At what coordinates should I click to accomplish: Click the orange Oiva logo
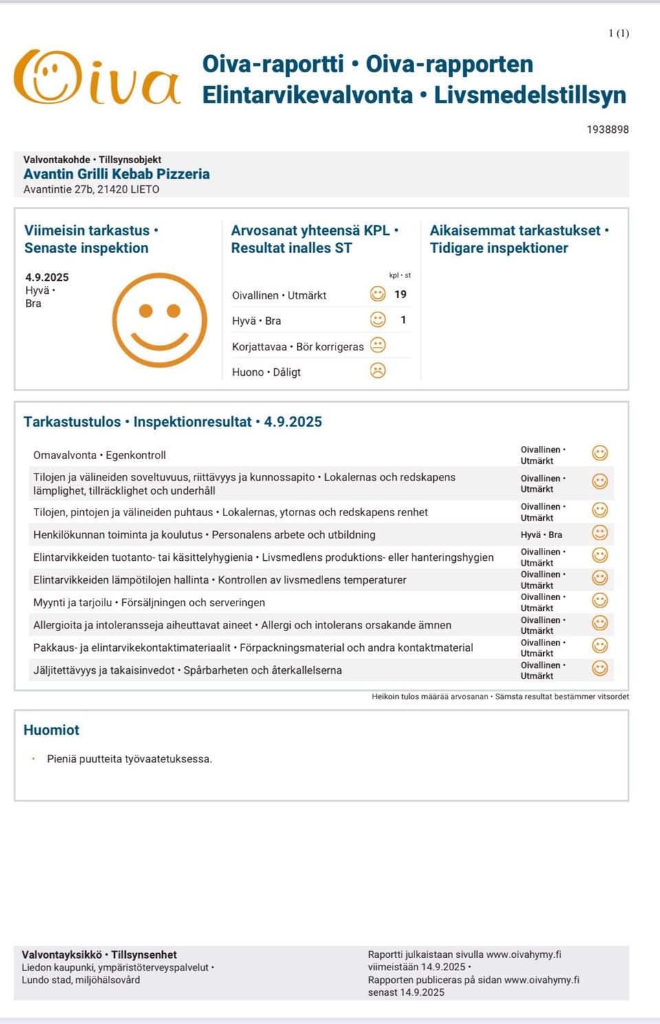coord(96,78)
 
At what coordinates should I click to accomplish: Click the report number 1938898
coord(607,129)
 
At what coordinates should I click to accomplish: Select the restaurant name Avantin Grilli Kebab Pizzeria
coord(116,174)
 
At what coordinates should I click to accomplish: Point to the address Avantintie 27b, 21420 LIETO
coord(91,189)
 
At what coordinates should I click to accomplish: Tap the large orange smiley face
coord(159,320)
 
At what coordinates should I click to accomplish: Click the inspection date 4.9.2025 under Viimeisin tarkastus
coord(47,277)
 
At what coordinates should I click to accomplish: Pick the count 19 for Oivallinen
coord(400,295)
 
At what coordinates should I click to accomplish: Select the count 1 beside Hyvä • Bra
coord(403,320)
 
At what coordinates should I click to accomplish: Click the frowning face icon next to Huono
coord(377,371)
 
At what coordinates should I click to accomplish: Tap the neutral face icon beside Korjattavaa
coord(377,345)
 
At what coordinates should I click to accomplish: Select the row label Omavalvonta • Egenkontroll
coord(100,455)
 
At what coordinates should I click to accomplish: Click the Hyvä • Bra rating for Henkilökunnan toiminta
coord(541,535)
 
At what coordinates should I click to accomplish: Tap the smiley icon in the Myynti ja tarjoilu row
coord(599,601)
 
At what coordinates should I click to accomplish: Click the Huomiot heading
coord(52,730)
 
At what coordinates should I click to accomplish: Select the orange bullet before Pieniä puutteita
coord(32,758)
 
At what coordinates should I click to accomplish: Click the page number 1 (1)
coord(618,33)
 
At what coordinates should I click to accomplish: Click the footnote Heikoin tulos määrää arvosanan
coord(430,696)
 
